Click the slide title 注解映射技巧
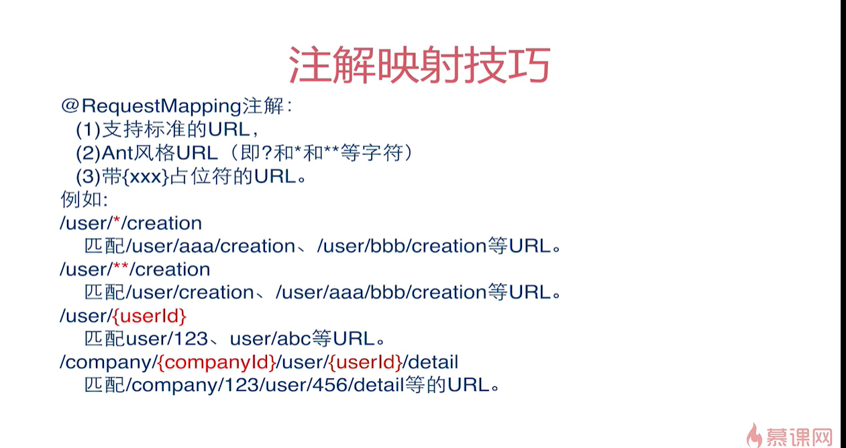pos(419,65)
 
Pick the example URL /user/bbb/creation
pos(401,246)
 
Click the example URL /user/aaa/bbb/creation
pos(381,292)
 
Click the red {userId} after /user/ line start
pos(148,316)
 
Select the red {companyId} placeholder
pos(217,363)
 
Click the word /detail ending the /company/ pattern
pos(431,363)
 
